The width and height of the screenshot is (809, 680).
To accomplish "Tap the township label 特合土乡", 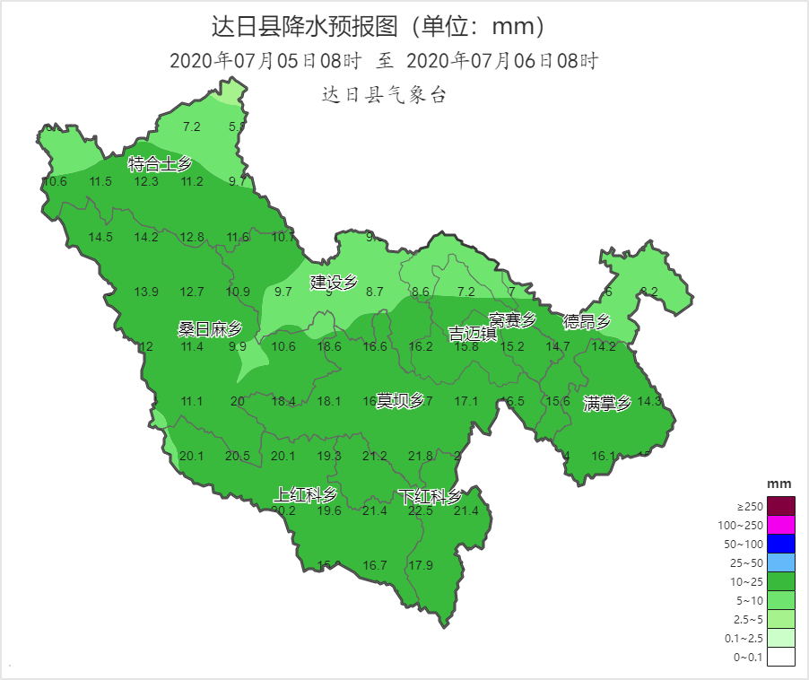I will click(161, 164).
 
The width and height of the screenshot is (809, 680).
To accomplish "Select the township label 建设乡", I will click(334, 282).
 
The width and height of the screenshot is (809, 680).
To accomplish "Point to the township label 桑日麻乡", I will click(210, 329).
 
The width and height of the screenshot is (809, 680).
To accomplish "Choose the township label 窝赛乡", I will click(512, 319).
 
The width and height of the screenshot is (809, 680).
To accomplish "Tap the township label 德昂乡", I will click(587, 321).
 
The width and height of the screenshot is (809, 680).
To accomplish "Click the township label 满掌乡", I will click(607, 403).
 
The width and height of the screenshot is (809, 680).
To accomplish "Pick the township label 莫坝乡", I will click(400, 400).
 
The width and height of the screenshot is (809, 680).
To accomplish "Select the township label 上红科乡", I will click(306, 494).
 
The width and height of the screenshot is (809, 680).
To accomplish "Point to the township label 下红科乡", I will click(431, 496).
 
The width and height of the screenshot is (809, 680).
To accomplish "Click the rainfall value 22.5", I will click(420, 511).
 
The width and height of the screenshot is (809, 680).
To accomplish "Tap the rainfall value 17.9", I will click(421, 565).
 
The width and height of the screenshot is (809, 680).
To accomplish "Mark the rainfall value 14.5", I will click(100, 237).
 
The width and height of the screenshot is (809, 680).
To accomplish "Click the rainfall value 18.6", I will click(329, 346).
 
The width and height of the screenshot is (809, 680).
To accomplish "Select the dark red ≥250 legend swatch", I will click(781, 506).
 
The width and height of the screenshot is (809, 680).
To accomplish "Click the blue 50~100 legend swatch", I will click(781, 544).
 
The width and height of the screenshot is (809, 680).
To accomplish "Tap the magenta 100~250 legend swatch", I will click(781, 525).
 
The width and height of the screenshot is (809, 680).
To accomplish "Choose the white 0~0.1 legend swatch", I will click(781, 657).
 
